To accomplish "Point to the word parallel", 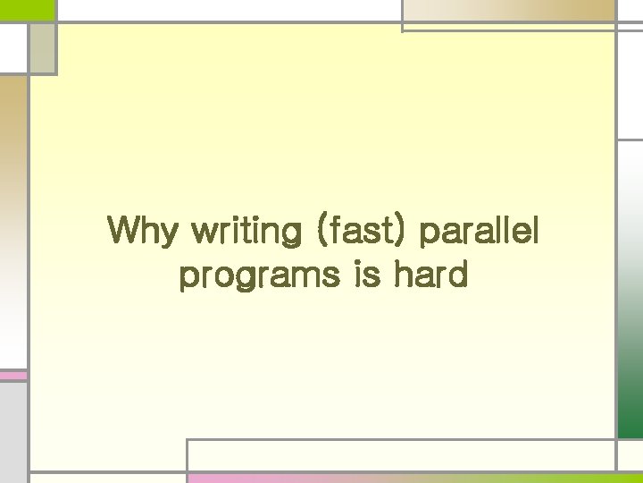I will (480, 233).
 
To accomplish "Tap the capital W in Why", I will (123, 232).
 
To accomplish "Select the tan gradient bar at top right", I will (508, 12).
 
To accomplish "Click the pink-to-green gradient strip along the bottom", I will (402, 478).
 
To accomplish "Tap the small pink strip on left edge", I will (13, 376).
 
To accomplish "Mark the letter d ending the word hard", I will (457, 274).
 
